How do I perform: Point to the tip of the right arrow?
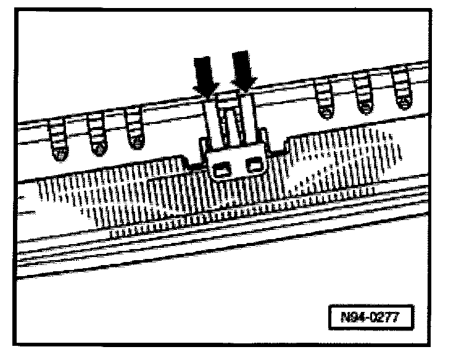(x=245, y=91)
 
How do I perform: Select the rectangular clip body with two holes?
(x=236, y=163)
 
